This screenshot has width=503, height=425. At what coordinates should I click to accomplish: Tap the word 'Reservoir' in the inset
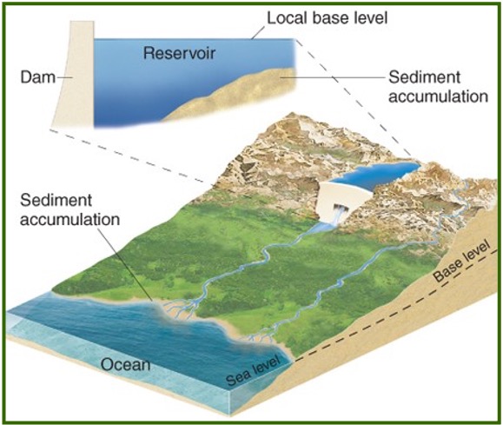point(179,54)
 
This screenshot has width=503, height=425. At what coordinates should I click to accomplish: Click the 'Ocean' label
point(126,364)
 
